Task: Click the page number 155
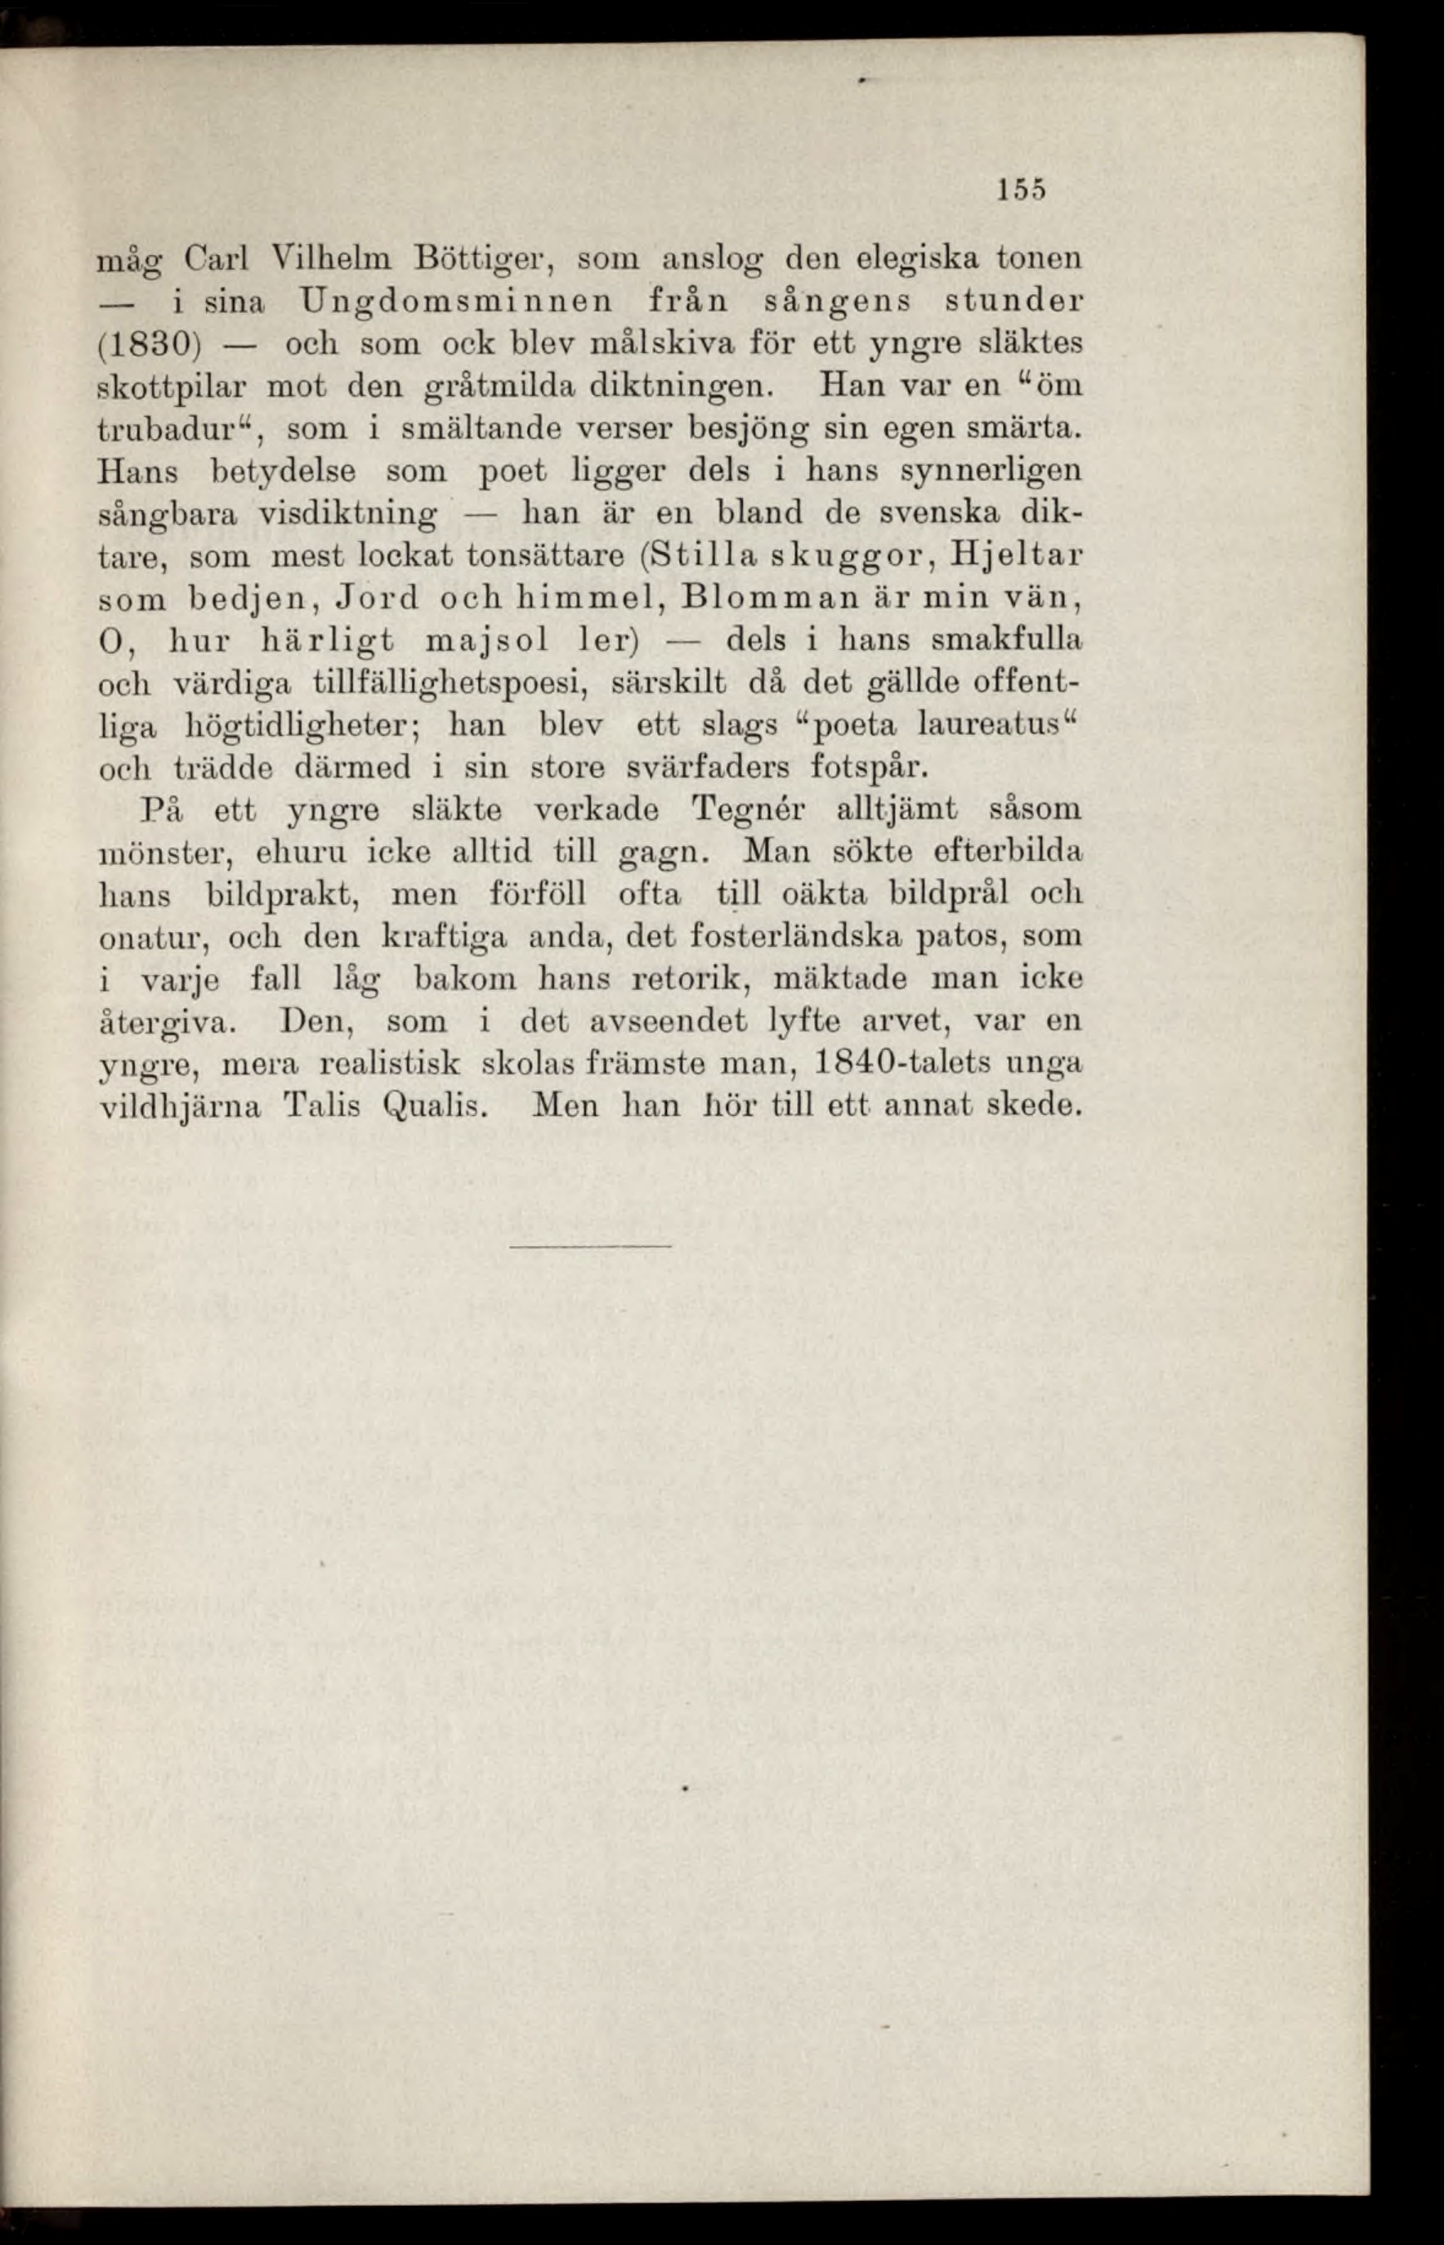click(1020, 190)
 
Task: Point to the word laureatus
click(988, 725)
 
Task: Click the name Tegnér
click(745, 809)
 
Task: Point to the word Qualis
click(432, 1105)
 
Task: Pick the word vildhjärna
click(178, 1105)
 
